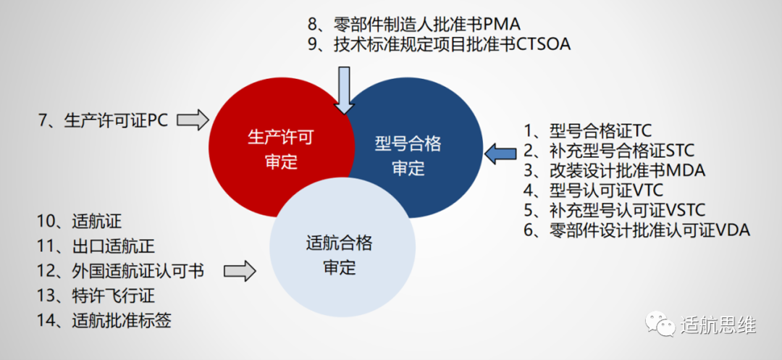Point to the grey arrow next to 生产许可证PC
click(193, 120)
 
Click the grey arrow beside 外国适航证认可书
click(240, 272)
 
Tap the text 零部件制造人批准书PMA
click(427, 23)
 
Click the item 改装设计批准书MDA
click(615, 171)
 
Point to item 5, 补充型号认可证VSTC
click(615, 211)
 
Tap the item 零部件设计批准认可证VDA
click(637, 231)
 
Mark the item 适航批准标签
click(104, 320)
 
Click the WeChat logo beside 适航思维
click(661, 324)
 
